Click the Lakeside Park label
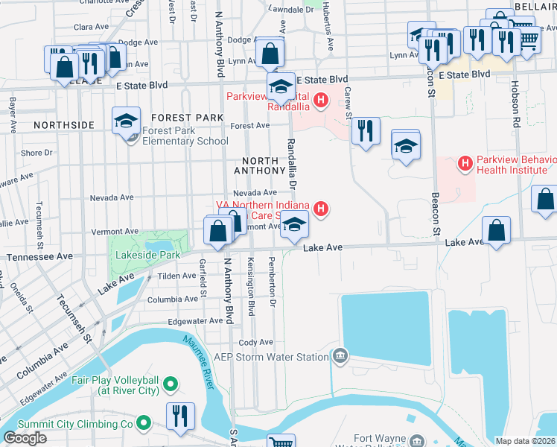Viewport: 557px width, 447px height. pos(147,255)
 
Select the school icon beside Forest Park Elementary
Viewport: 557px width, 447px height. pos(127,121)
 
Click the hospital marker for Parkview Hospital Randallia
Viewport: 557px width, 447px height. pos(321,99)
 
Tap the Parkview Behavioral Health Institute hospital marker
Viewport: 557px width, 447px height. pos(465,162)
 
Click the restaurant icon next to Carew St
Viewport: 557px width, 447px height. pos(364,132)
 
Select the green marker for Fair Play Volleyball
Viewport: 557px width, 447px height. pos(171,384)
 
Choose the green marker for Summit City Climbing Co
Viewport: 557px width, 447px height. pos(144,424)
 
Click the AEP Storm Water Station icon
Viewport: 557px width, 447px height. pos(341,356)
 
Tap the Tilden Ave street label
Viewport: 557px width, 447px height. pos(176,276)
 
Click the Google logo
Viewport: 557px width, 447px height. pos(25,438)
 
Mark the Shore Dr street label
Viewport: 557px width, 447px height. pos(36,153)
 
